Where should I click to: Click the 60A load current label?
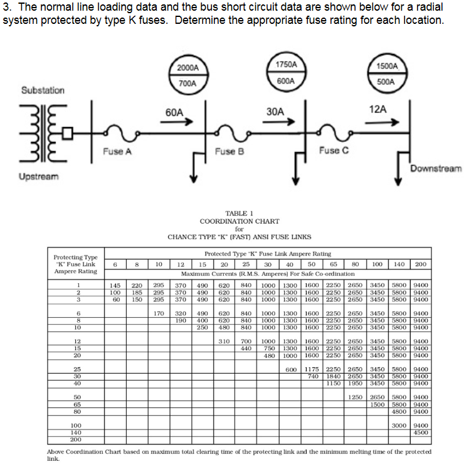[174, 112]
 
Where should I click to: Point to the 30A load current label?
[275, 111]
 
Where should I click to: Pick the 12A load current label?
[378, 109]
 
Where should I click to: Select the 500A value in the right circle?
[387, 82]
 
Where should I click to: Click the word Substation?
[43, 90]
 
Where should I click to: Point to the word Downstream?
[436, 168]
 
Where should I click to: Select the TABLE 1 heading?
[239, 213]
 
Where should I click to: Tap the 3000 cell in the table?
[399, 425]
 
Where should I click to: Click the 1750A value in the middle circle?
[286, 65]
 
